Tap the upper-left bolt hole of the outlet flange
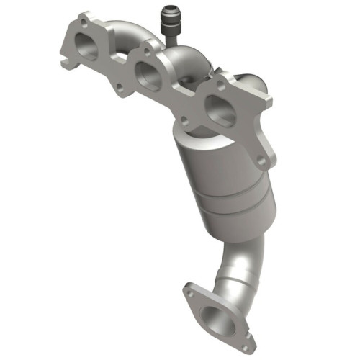point(190,292)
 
